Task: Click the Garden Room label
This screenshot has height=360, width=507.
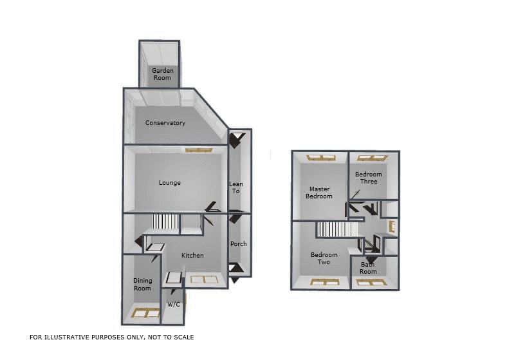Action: [x=161, y=74]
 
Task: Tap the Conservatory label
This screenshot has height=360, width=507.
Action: [x=165, y=123]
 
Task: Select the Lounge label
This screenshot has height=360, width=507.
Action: [x=170, y=183]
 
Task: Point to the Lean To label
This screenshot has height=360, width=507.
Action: [x=235, y=187]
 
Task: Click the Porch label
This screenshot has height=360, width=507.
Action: [x=238, y=244]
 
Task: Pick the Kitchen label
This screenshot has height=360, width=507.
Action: [x=192, y=256]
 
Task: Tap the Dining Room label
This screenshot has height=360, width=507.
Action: [x=142, y=284]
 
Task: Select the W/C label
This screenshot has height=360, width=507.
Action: [x=174, y=304]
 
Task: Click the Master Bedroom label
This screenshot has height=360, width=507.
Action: [x=319, y=193]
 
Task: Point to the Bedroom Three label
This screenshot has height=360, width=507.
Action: [x=369, y=178]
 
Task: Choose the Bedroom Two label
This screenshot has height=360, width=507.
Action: [x=324, y=258]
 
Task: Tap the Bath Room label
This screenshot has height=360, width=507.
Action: [x=368, y=268]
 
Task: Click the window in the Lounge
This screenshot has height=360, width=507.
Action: [x=198, y=150]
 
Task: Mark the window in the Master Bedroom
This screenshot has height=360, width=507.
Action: [x=320, y=157]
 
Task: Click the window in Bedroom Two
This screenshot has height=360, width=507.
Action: [x=324, y=281]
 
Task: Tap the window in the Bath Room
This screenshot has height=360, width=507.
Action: [x=369, y=281]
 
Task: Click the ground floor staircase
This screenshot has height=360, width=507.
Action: [x=165, y=223]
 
